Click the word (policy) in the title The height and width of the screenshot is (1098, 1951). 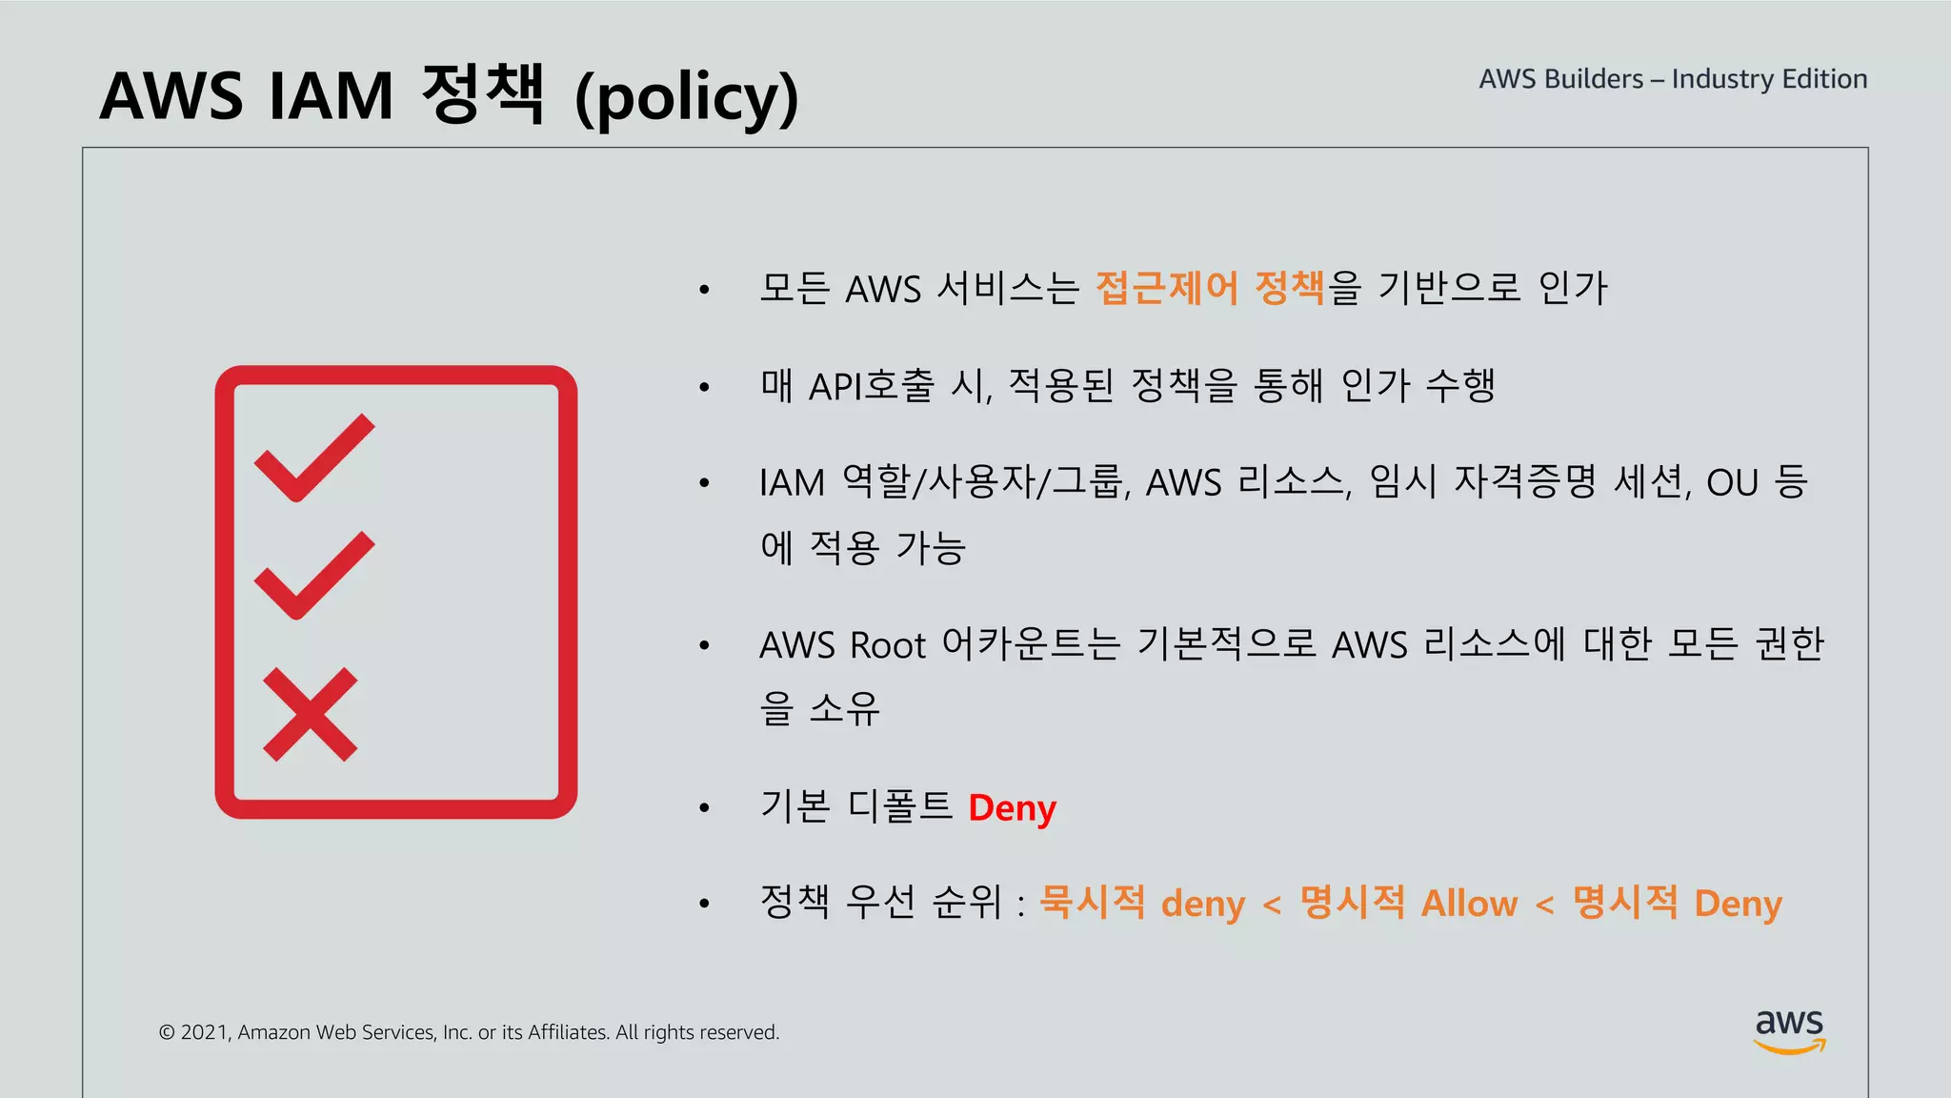click(687, 98)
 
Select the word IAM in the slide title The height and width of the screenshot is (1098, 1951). click(331, 96)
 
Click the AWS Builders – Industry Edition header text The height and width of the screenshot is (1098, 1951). click(1673, 79)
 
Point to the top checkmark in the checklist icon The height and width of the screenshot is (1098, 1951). click(314, 457)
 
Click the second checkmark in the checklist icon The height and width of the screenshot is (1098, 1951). click(314, 575)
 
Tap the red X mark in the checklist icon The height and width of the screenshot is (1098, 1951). click(310, 714)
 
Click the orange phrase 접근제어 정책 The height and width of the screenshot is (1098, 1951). click(1210, 288)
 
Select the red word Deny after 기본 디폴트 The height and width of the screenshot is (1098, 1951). click(1012, 808)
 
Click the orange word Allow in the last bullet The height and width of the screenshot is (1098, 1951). click(1469, 904)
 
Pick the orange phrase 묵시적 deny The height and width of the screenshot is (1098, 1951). click(1141, 904)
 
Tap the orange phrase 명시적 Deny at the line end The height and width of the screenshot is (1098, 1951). click(1677, 904)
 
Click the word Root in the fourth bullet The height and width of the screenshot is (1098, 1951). click(888, 646)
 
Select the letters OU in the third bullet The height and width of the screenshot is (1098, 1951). click(1732, 483)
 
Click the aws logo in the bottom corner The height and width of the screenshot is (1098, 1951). click(1789, 1031)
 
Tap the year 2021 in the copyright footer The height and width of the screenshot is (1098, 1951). click(204, 1032)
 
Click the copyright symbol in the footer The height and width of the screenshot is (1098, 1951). click(167, 1032)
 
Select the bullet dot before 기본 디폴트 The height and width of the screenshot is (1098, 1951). click(704, 808)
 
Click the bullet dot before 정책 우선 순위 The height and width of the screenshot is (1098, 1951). click(704, 904)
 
